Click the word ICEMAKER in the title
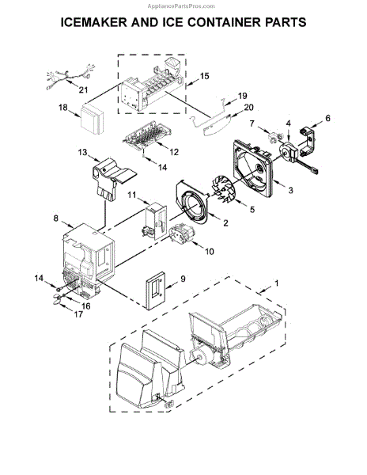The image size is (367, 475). coord(94,23)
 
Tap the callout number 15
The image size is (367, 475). coord(204,76)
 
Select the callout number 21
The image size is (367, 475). coord(83,89)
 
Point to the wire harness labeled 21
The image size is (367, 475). coord(70,77)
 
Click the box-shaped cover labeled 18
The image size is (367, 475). coord(93,119)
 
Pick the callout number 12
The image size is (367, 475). coord(174,152)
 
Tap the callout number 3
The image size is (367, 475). coord(290,190)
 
